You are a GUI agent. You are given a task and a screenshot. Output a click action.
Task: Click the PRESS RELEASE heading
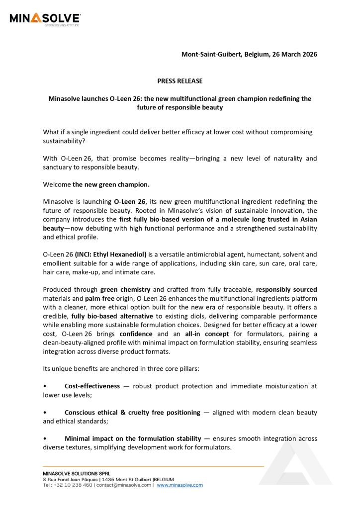click(180, 81)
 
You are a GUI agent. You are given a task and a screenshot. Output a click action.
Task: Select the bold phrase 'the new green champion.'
click(111, 184)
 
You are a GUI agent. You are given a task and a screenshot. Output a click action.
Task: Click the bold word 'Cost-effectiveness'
click(92, 386)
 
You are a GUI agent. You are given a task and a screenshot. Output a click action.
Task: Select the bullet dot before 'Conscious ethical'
click(45, 413)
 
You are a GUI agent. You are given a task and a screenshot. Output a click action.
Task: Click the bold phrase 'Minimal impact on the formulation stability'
click(133, 439)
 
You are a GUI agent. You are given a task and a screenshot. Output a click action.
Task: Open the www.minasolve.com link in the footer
click(180, 485)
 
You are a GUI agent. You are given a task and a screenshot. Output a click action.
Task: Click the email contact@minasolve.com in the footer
click(124, 485)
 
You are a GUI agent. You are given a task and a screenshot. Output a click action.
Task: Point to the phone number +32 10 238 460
click(74, 485)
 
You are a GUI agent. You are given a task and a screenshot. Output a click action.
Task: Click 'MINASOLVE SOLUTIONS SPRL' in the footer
click(77, 473)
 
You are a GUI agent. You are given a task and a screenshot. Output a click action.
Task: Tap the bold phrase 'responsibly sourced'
click(286, 289)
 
